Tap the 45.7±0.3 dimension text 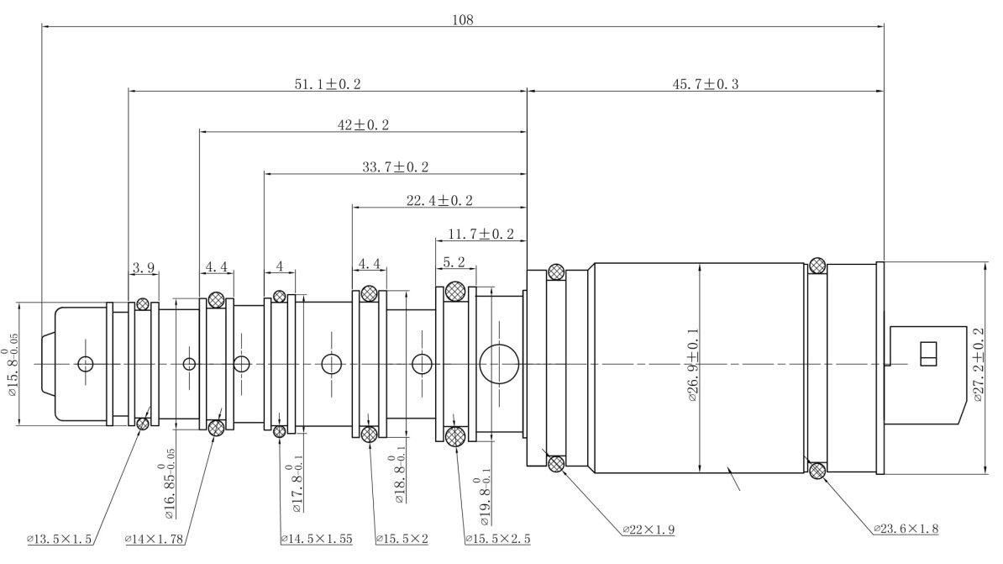[x=705, y=84]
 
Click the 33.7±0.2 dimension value [x=395, y=167]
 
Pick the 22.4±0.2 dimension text [x=439, y=200]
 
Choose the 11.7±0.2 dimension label [x=481, y=234]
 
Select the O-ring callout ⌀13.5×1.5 [x=60, y=539]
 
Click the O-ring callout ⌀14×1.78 [x=156, y=539]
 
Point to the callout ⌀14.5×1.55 [x=317, y=539]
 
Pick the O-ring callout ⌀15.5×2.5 [x=497, y=539]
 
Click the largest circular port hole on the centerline [x=499, y=363]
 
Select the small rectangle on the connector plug [x=928, y=354]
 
